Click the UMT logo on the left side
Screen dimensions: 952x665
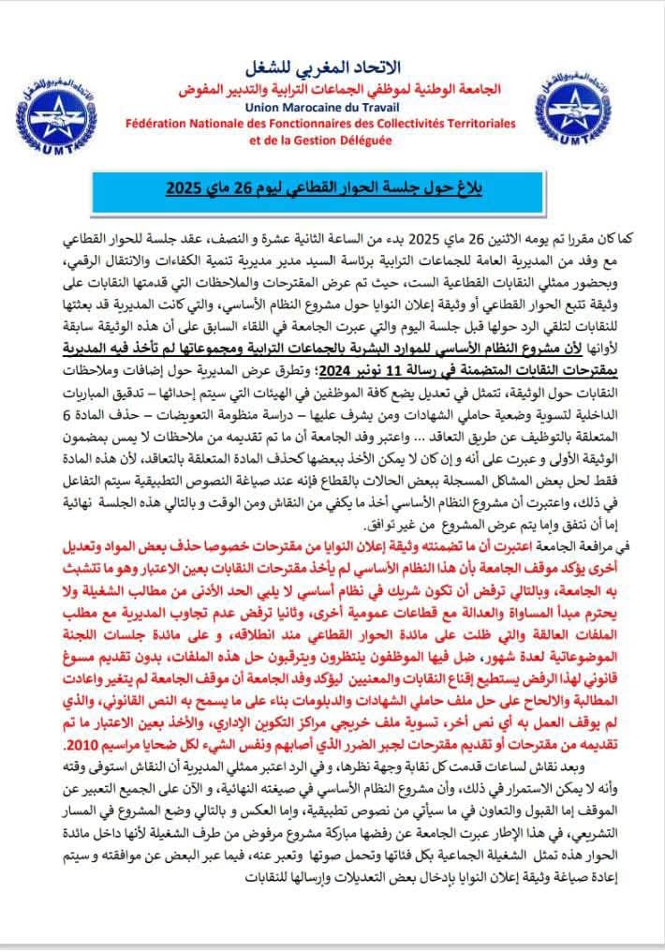click(66, 112)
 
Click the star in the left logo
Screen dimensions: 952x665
click(64, 105)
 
